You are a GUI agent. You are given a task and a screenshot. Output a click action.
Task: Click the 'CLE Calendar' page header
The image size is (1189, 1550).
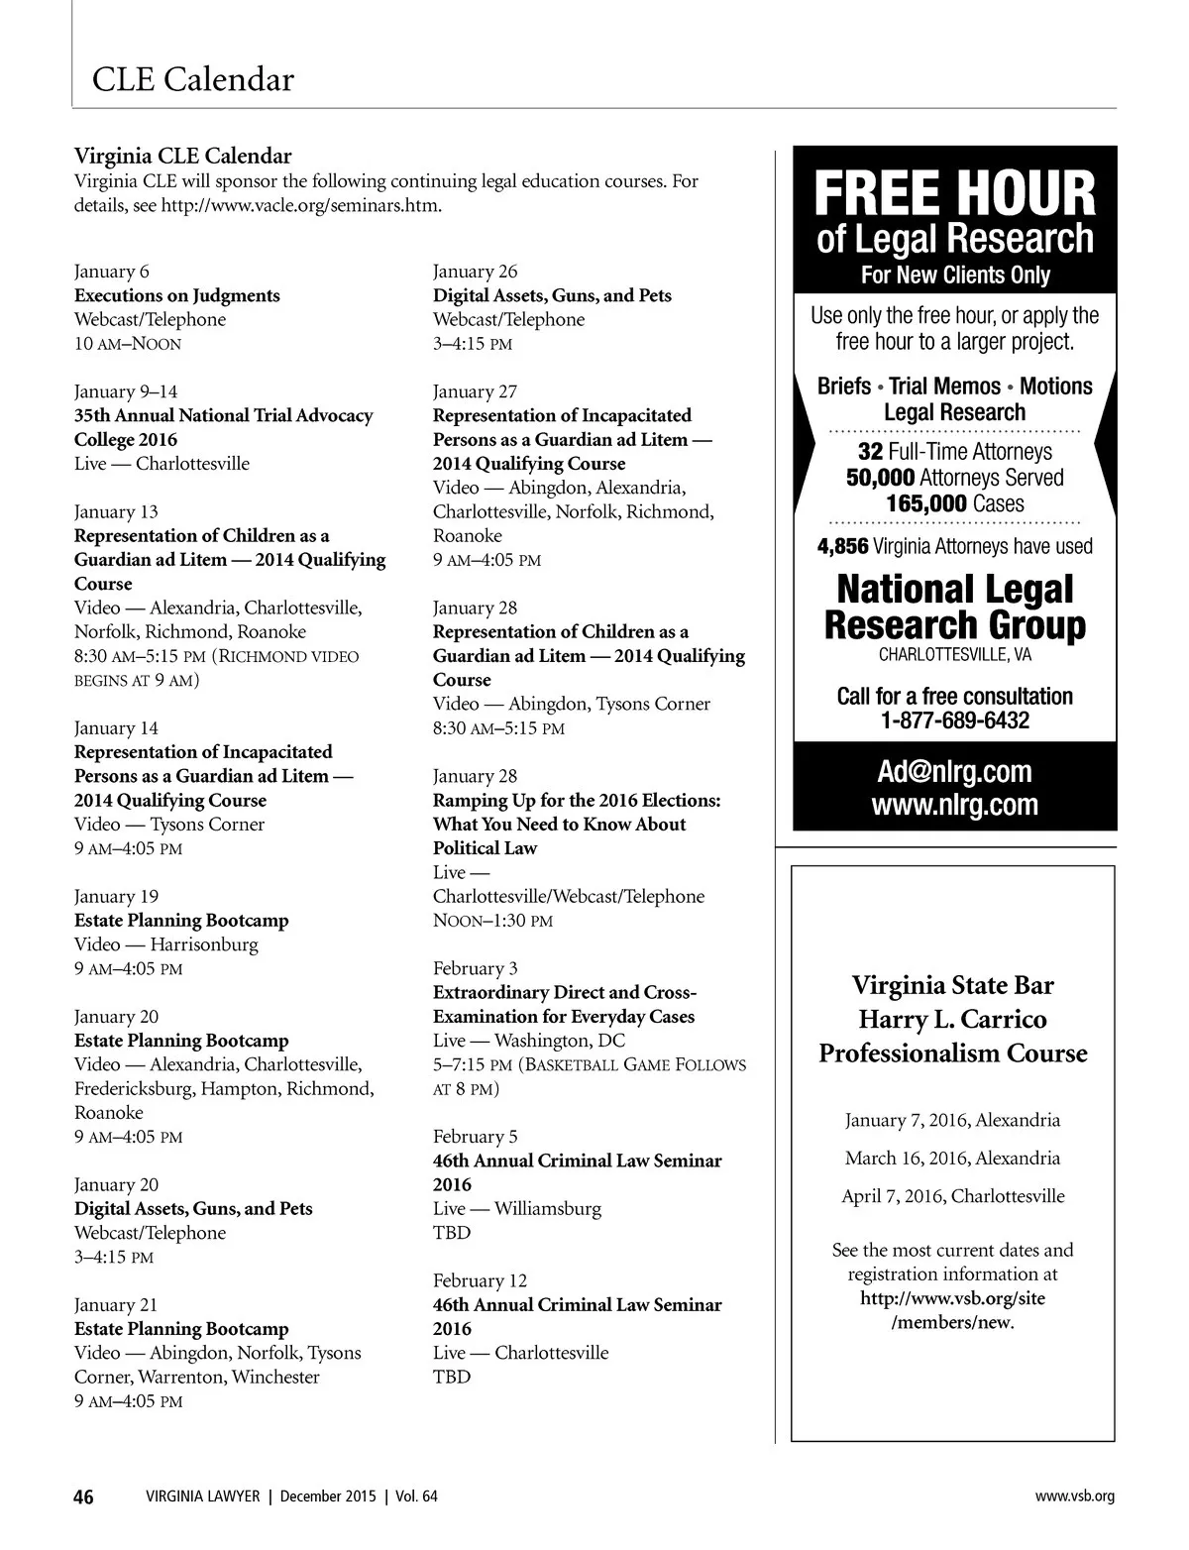pyautogui.click(x=192, y=79)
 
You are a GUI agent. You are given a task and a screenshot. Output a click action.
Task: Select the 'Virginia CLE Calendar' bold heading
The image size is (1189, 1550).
pyautogui.click(x=183, y=156)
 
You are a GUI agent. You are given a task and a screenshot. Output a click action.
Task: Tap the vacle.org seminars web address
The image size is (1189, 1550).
pyautogui.click(x=301, y=205)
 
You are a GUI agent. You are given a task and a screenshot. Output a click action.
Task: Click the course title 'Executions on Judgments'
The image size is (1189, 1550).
pyautogui.click(x=177, y=295)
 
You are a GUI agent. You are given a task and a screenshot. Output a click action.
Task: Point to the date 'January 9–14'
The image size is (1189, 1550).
pyautogui.click(x=126, y=391)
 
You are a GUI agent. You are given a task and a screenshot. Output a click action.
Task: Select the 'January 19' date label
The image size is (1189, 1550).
pyautogui.click(x=116, y=896)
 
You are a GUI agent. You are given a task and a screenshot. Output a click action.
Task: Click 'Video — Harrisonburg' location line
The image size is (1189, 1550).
pyautogui.click(x=165, y=944)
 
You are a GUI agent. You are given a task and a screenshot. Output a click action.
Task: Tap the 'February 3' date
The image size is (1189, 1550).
pyautogui.click(x=475, y=968)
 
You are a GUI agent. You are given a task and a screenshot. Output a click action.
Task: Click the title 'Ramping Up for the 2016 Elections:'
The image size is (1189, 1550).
pyautogui.click(x=577, y=800)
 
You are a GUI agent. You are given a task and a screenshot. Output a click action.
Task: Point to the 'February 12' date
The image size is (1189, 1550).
pyautogui.click(x=480, y=1280)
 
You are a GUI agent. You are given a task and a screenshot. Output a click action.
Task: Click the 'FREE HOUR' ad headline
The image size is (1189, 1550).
pyautogui.click(x=954, y=194)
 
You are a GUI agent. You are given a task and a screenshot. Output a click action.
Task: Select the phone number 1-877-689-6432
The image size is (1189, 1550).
pyautogui.click(x=954, y=720)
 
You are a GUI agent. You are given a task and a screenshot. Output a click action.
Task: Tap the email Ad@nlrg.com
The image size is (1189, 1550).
pyautogui.click(x=954, y=772)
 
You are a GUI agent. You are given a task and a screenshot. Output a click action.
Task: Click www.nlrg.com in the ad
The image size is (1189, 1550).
pyautogui.click(x=954, y=804)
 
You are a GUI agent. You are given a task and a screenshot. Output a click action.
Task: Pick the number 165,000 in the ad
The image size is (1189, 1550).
pyautogui.click(x=925, y=503)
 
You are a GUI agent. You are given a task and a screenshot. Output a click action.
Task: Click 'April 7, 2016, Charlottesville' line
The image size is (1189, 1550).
pyautogui.click(x=953, y=1196)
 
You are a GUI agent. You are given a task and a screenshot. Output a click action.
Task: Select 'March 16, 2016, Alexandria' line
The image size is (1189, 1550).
pyautogui.click(x=952, y=1159)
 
